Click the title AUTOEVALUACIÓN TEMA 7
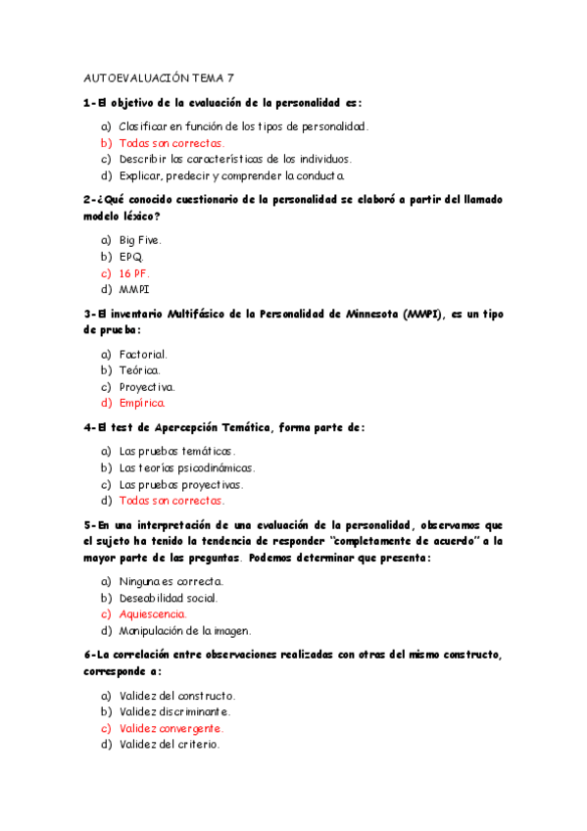(x=160, y=77)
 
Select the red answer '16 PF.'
(x=135, y=273)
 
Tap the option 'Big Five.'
(x=140, y=240)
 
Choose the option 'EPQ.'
(x=131, y=257)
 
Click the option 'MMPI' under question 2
(x=134, y=290)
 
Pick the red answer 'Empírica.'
(x=142, y=403)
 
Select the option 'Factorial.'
(x=143, y=354)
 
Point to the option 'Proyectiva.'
(x=147, y=387)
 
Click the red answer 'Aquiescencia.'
(x=152, y=614)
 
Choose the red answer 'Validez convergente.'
(x=171, y=728)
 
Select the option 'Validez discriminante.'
(x=174, y=711)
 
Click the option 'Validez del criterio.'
(x=170, y=745)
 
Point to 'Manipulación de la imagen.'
(x=185, y=631)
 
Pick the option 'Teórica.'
(x=139, y=370)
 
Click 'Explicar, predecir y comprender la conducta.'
(x=232, y=175)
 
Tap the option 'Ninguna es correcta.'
(x=171, y=581)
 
